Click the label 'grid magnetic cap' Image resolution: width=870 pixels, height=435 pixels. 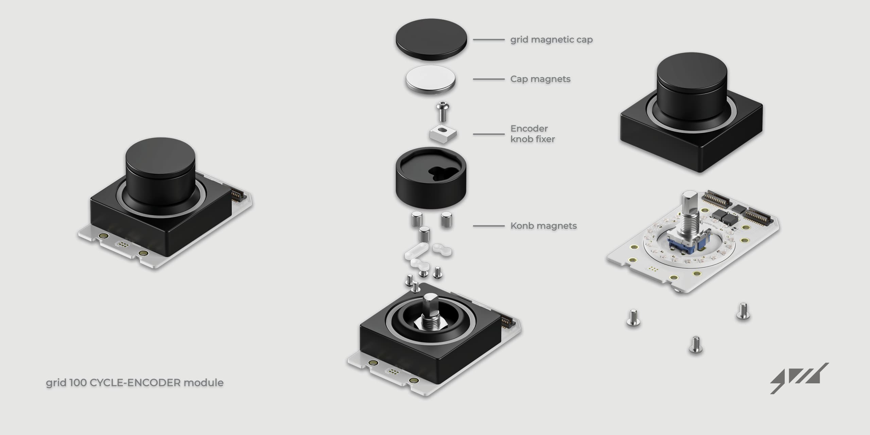click(551, 40)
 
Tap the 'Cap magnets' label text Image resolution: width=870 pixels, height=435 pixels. click(540, 79)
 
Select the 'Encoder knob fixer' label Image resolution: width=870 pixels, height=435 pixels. click(533, 134)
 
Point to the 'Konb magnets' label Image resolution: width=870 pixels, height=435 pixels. click(543, 226)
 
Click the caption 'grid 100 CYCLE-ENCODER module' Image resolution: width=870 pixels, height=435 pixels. click(135, 383)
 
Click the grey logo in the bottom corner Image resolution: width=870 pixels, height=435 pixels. click(799, 378)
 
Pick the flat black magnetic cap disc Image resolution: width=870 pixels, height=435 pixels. click(431, 39)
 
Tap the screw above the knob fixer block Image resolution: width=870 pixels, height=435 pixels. click(443, 111)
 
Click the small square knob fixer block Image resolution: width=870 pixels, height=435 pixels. click(443, 134)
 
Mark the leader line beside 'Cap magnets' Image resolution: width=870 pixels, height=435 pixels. click(489, 79)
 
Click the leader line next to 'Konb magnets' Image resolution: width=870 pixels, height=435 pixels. click(489, 226)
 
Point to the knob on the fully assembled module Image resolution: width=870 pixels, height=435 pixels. click(160, 172)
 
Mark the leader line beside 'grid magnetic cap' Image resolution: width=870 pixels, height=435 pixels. click(489, 40)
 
